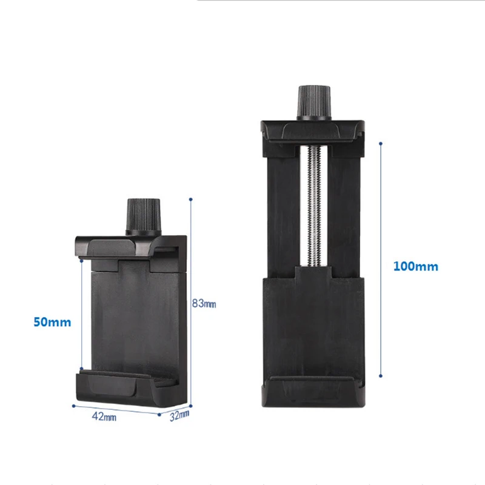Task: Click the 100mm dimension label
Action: pos(415,266)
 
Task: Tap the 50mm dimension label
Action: pos(52,322)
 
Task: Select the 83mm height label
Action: pos(204,303)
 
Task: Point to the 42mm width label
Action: pos(104,416)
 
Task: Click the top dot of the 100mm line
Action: pos(380,144)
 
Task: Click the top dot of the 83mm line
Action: pos(191,198)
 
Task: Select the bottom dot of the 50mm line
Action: pos(81,367)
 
